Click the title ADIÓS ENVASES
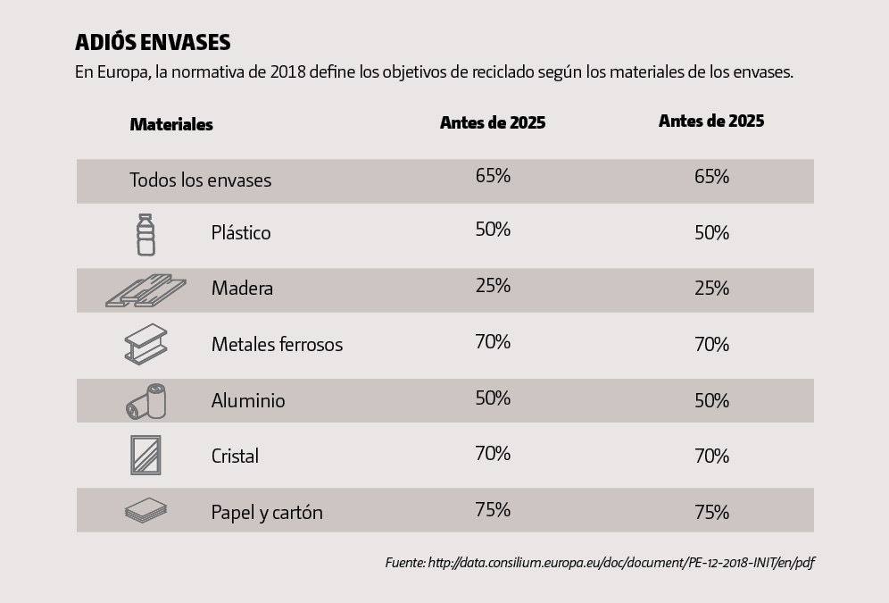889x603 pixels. pyautogui.click(x=153, y=43)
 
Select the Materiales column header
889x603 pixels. pyautogui.click(x=171, y=124)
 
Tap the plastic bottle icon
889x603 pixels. pyautogui.click(x=145, y=234)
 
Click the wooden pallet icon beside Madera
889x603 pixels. pyautogui.click(x=145, y=289)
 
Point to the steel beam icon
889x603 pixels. pyautogui.click(x=145, y=344)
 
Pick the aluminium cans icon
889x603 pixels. pyautogui.click(x=145, y=401)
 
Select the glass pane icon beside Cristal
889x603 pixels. pyautogui.click(x=145, y=456)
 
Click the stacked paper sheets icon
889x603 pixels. pyautogui.click(x=145, y=511)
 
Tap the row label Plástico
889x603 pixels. pyautogui.click(x=241, y=233)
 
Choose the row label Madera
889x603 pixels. pyautogui.click(x=242, y=289)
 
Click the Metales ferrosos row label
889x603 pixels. pyautogui.click(x=277, y=345)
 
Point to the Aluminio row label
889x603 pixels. pyautogui.click(x=248, y=400)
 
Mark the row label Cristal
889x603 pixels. pyautogui.click(x=235, y=456)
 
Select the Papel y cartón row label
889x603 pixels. pyautogui.click(x=267, y=513)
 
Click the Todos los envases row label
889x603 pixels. pyautogui.click(x=200, y=180)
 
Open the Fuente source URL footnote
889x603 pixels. pyautogui.click(x=600, y=563)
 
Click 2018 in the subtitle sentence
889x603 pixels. pyautogui.click(x=286, y=72)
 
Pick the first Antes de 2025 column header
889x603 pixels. pyautogui.click(x=493, y=123)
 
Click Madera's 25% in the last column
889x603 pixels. pyautogui.click(x=711, y=289)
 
